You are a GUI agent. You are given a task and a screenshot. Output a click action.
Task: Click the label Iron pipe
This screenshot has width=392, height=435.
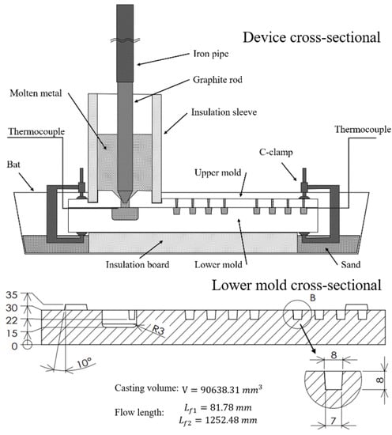pos(211,54)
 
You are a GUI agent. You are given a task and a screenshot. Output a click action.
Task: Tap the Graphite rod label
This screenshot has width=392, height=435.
pos(217,80)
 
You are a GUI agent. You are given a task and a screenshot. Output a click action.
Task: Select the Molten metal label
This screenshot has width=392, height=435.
pos(36,93)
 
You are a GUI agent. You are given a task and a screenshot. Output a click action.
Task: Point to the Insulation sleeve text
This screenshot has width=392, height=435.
pos(224,112)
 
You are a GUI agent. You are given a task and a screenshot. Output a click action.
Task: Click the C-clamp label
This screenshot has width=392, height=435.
pos(276,152)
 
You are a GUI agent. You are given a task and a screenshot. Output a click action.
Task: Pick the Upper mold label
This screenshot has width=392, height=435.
pos(217,172)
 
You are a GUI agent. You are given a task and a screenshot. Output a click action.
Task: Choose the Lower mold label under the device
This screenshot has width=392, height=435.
pos(218,264)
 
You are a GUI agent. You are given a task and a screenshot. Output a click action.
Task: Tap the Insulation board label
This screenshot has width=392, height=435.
pos(138,264)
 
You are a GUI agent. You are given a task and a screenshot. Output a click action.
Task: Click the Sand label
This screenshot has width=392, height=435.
pos(351,264)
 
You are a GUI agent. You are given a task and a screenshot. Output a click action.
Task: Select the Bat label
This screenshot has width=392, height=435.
pos(13,165)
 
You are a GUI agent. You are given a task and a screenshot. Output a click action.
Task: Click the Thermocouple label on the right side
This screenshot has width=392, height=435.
pos(363,130)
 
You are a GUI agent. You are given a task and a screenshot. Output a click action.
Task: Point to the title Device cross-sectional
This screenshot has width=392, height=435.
pos(311,37)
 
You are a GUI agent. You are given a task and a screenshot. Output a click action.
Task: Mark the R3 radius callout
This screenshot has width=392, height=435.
pos(159,329)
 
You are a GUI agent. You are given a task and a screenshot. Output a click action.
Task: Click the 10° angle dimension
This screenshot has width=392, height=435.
pos(84,363)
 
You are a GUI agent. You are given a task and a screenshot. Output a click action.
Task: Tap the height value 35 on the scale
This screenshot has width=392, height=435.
pos(12,295)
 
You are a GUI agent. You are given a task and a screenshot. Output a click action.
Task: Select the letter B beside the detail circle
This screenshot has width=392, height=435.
pos(313,298)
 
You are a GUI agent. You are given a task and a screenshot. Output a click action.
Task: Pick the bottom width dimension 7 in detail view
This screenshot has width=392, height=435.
pos(334,421)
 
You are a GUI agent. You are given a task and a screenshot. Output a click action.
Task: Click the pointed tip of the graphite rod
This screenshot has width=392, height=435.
pos(125,202)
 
